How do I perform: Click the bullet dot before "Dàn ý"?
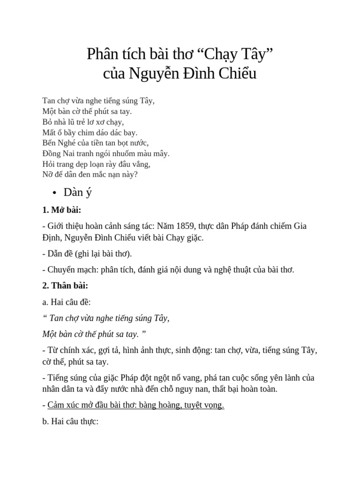pyautogui.click(x=55, y=193)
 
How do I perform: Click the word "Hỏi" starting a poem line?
pyautogui.click(x=49, y=164)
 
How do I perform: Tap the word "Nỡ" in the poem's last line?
pyautogui.click(x=48, y=174)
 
